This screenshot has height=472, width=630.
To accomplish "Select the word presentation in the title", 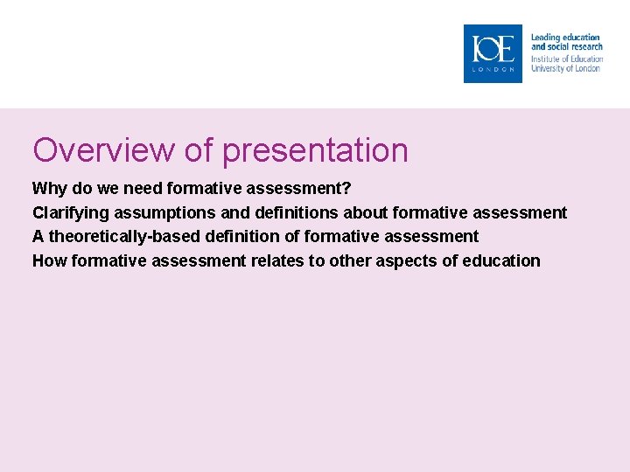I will pyautogui.click(x=315, y=150).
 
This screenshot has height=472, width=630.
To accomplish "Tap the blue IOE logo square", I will pyautogui.click(x=493, y=53).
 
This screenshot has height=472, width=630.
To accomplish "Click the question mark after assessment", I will pyautogui.click(x=346, y=189).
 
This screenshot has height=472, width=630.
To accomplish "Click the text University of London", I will pyautogui.click(x=565, y=68).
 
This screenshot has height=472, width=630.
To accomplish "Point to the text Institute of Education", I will pyautogui.click(x=565, y=59).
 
